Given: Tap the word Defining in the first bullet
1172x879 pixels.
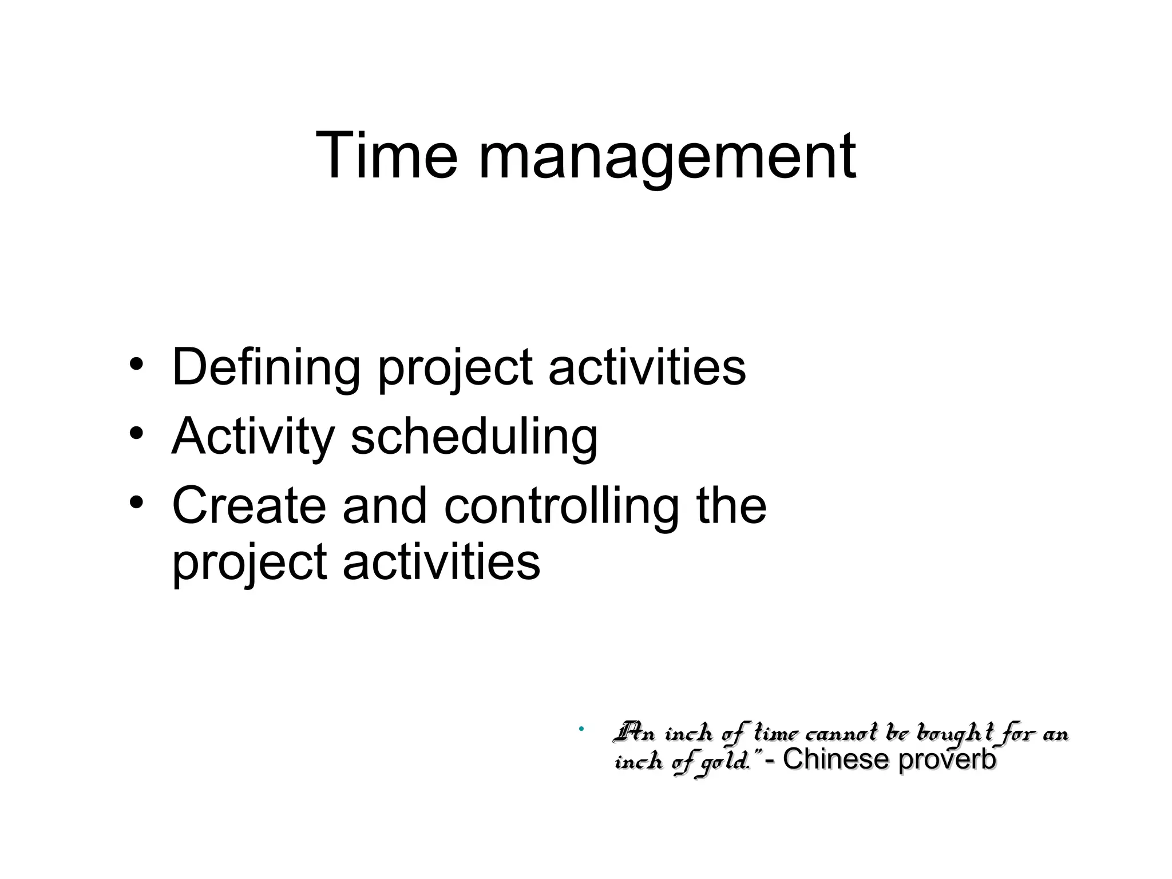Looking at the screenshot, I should (266, 367).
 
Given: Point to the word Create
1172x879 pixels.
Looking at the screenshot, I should (249, 505).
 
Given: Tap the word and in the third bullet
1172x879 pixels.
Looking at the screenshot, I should (385, 505).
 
